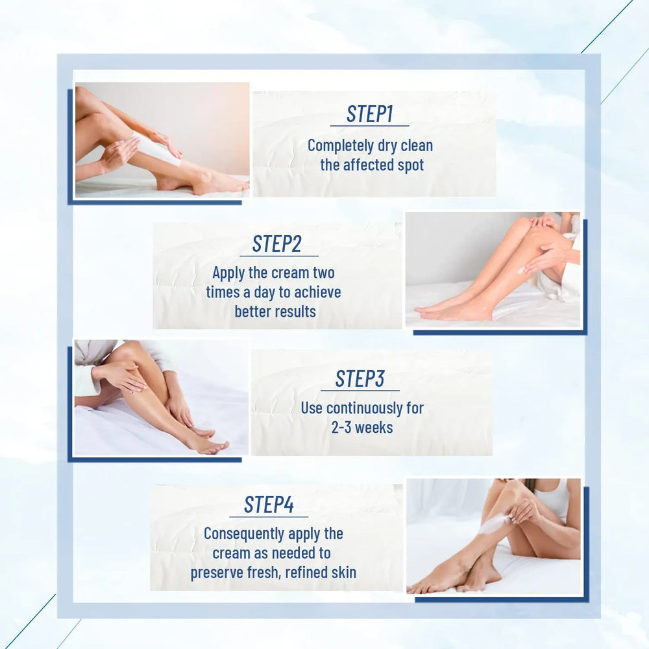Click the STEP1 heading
coord(370,114)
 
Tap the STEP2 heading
coord(276,244)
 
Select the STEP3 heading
coord(360,379)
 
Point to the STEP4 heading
coord(268,504)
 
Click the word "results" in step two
coord(294,312)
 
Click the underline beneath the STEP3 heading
coord(360,391)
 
